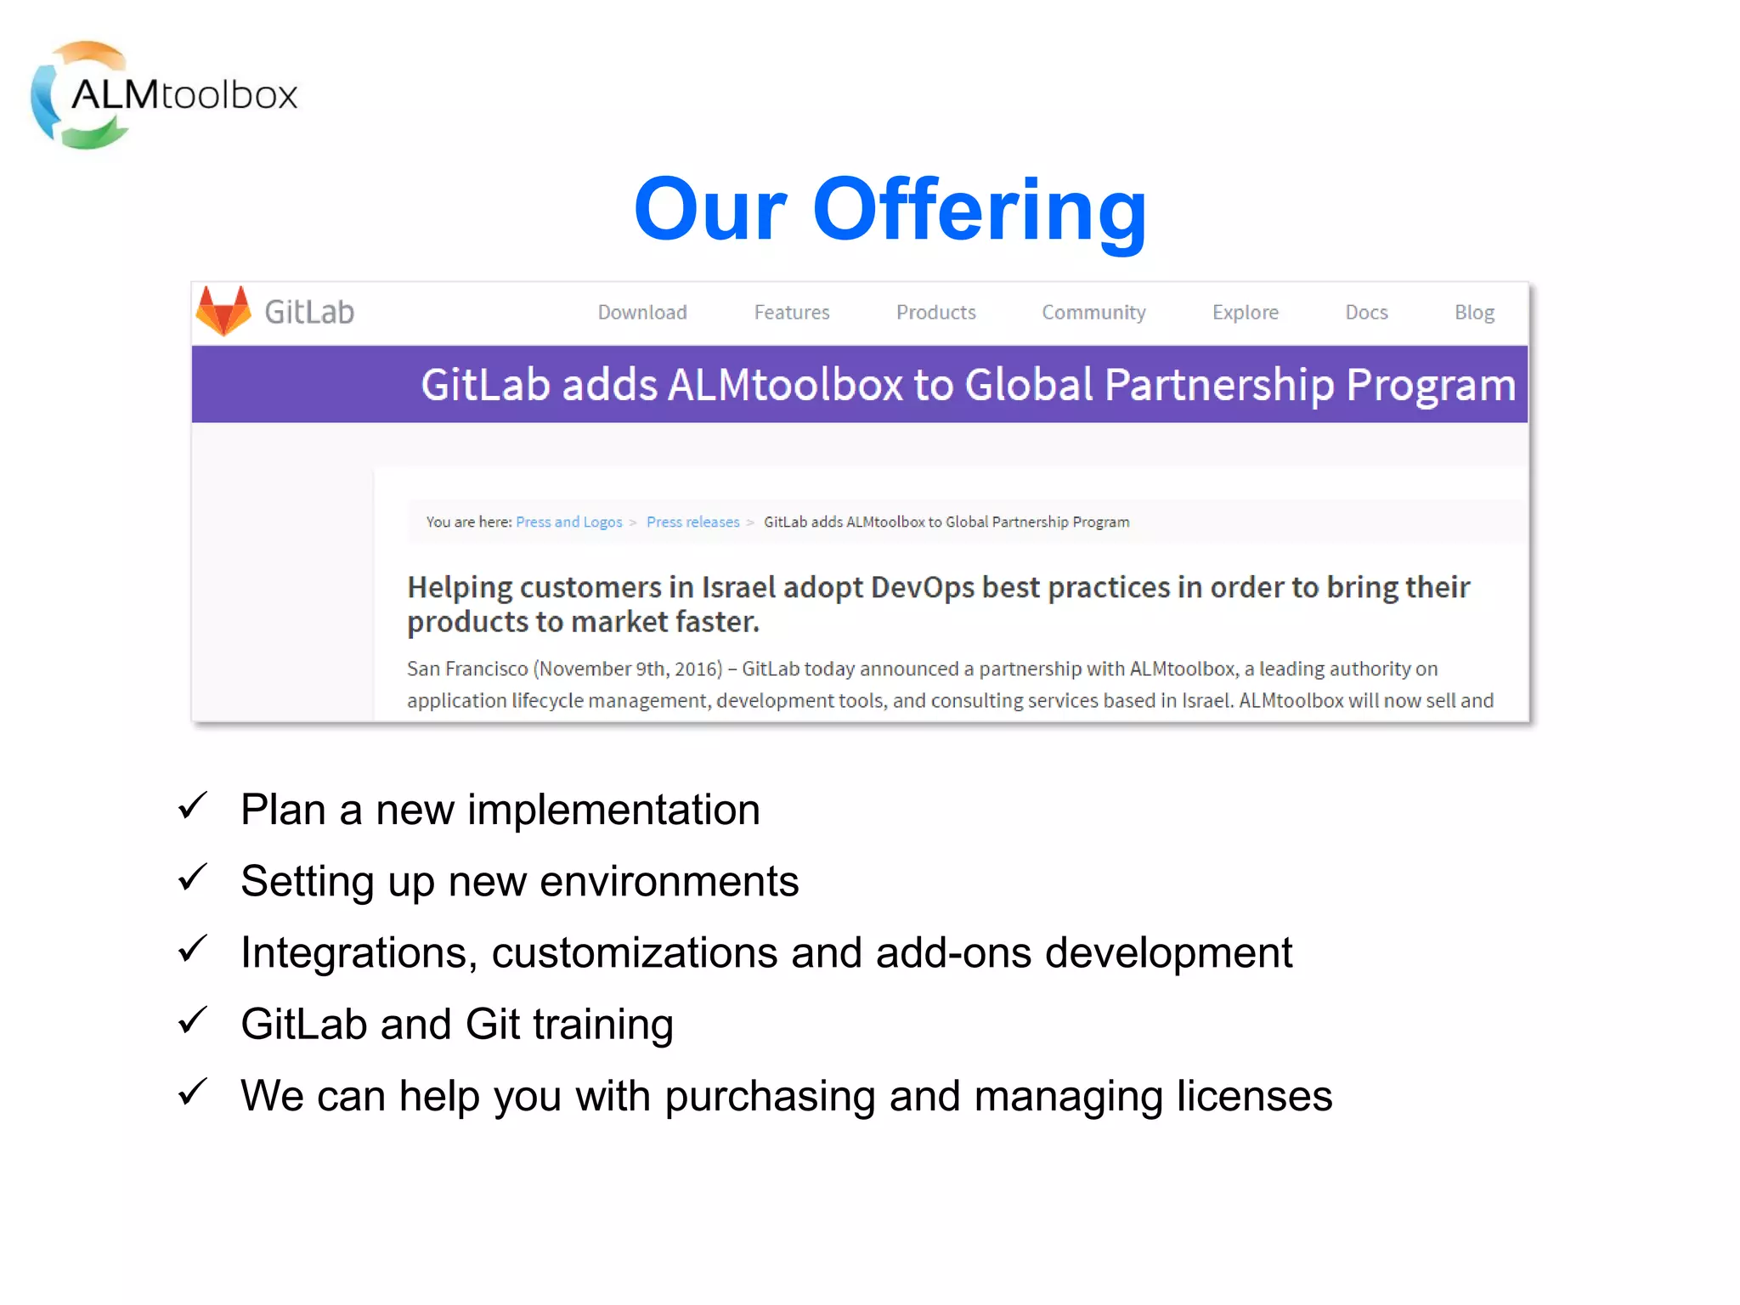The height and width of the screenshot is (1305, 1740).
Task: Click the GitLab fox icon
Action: point(223,311)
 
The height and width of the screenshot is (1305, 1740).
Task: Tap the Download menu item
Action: point(642,313)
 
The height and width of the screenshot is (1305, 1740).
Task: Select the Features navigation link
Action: point(792,313)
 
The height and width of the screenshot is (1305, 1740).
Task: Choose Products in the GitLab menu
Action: point(936,313)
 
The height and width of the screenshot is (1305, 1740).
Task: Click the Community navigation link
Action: point(1094,313)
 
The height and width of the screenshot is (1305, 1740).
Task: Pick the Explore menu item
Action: point(1246,313)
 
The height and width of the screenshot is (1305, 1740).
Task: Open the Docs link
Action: point(1366,313)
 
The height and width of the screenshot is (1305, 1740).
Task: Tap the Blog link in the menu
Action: point(1474,313)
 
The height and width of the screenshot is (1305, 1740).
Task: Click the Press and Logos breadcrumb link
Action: point(569,522)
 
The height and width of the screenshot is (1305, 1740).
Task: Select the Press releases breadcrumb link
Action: point(693,522)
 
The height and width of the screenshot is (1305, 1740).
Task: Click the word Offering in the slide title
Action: point(980,210)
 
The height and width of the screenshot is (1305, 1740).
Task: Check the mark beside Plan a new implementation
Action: point(193,805)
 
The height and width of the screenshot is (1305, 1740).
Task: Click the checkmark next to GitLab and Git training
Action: point(193,1020)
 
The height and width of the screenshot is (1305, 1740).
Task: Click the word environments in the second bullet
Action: point(669,881)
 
